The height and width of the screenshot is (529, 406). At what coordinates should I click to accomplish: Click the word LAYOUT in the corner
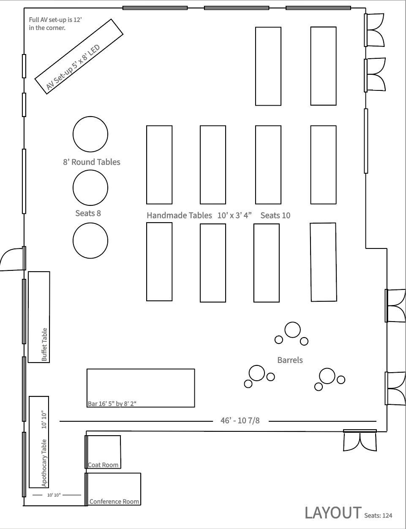click(333, 513)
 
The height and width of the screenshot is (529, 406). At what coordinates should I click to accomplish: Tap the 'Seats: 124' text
click(378, 515)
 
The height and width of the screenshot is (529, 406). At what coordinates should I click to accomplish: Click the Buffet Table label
click(44, 345)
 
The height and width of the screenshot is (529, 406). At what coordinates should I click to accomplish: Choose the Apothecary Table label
click(44, 463)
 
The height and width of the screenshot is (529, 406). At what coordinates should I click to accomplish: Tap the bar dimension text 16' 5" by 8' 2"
click(112, 404)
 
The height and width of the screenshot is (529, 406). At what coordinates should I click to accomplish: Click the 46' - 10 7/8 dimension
click(240, 420)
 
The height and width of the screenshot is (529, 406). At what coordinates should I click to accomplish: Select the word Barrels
click(290, 360)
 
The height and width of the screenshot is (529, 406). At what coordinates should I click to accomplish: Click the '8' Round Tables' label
click(92, 162)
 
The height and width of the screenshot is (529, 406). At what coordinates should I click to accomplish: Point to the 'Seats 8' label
click(88, 213)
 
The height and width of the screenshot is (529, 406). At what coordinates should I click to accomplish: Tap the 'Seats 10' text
click(275, 215)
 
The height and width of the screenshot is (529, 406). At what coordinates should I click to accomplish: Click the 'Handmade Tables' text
click(180, 215)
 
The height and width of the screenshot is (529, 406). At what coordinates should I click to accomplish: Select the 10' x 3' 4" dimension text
click(234, 215)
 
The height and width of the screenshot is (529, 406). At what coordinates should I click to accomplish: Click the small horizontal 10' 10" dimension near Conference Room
click(54, 495)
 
